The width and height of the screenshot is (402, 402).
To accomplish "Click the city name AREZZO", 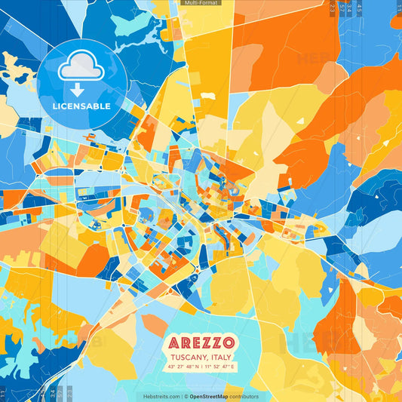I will pos(201,341).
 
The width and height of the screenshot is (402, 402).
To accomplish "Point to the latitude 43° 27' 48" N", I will pos(180,367).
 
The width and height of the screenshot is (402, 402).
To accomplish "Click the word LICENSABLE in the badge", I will pos(81,106).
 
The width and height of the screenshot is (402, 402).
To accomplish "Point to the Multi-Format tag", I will pos(201,4).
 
